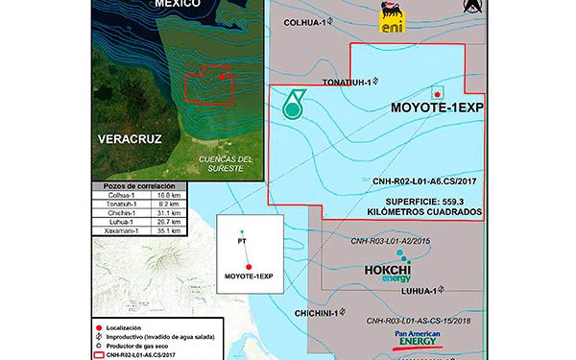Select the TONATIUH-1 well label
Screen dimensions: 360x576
pyautogui.click(x=346, y=82)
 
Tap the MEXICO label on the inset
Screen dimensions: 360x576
pyautogui.click(x=179, y=5)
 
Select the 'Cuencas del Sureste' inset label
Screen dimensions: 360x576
pyautogui.click(x=220, y=163)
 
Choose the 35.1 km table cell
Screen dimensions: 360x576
pyautogui.click(x=157, y=231)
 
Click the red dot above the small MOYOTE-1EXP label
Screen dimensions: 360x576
pyautogui.click(x=249, y=267)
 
